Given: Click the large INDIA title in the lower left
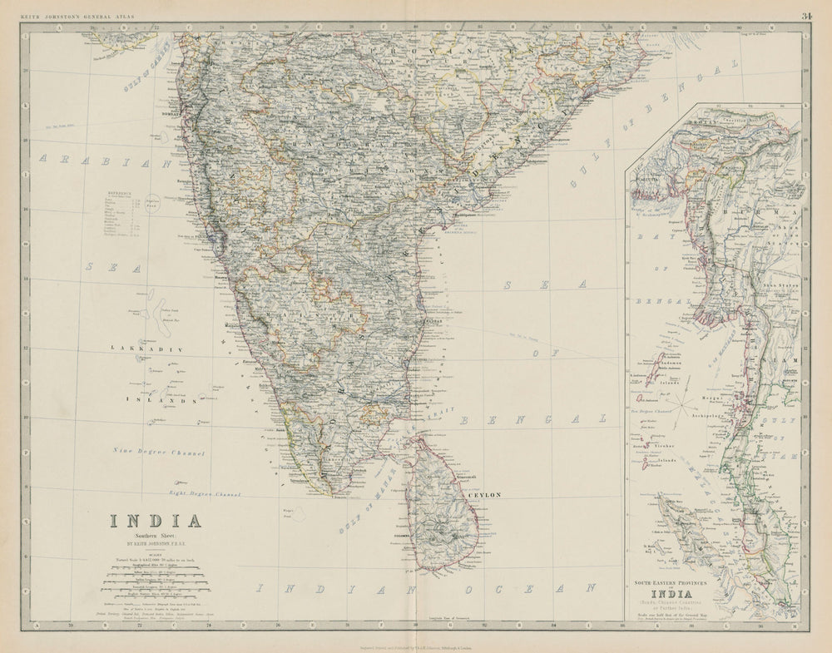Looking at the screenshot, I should pyautogui.click(x=156, y=522).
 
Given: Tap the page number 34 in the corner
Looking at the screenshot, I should pyautogui.click(x=806, y=15).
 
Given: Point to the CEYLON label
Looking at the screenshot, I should pyautogui.click(x=485, y=495).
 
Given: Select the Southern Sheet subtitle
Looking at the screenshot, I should pyautogui.click(x=156, y=538).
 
